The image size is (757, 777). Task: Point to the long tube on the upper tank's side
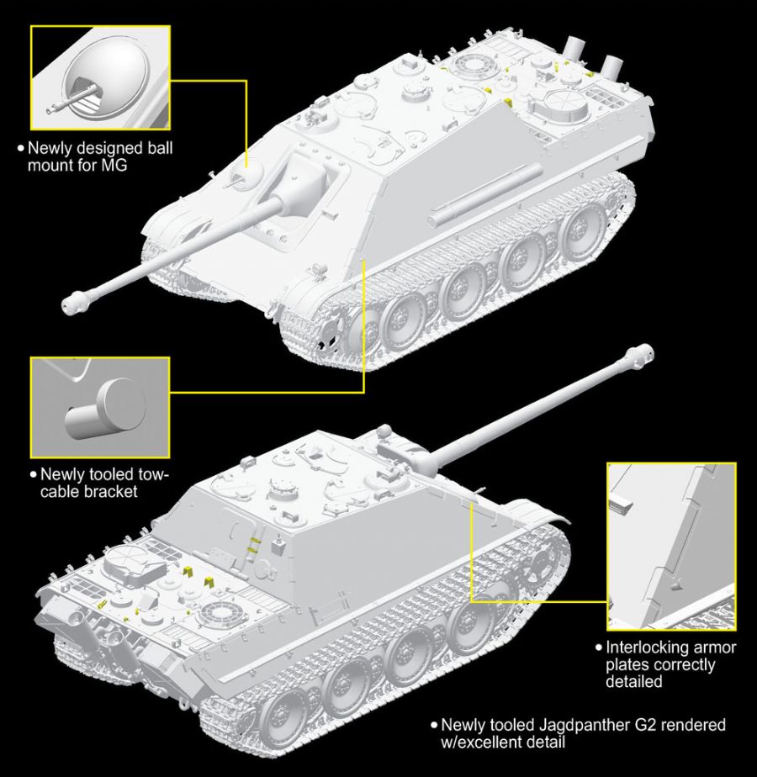click(x=483, y=195)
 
